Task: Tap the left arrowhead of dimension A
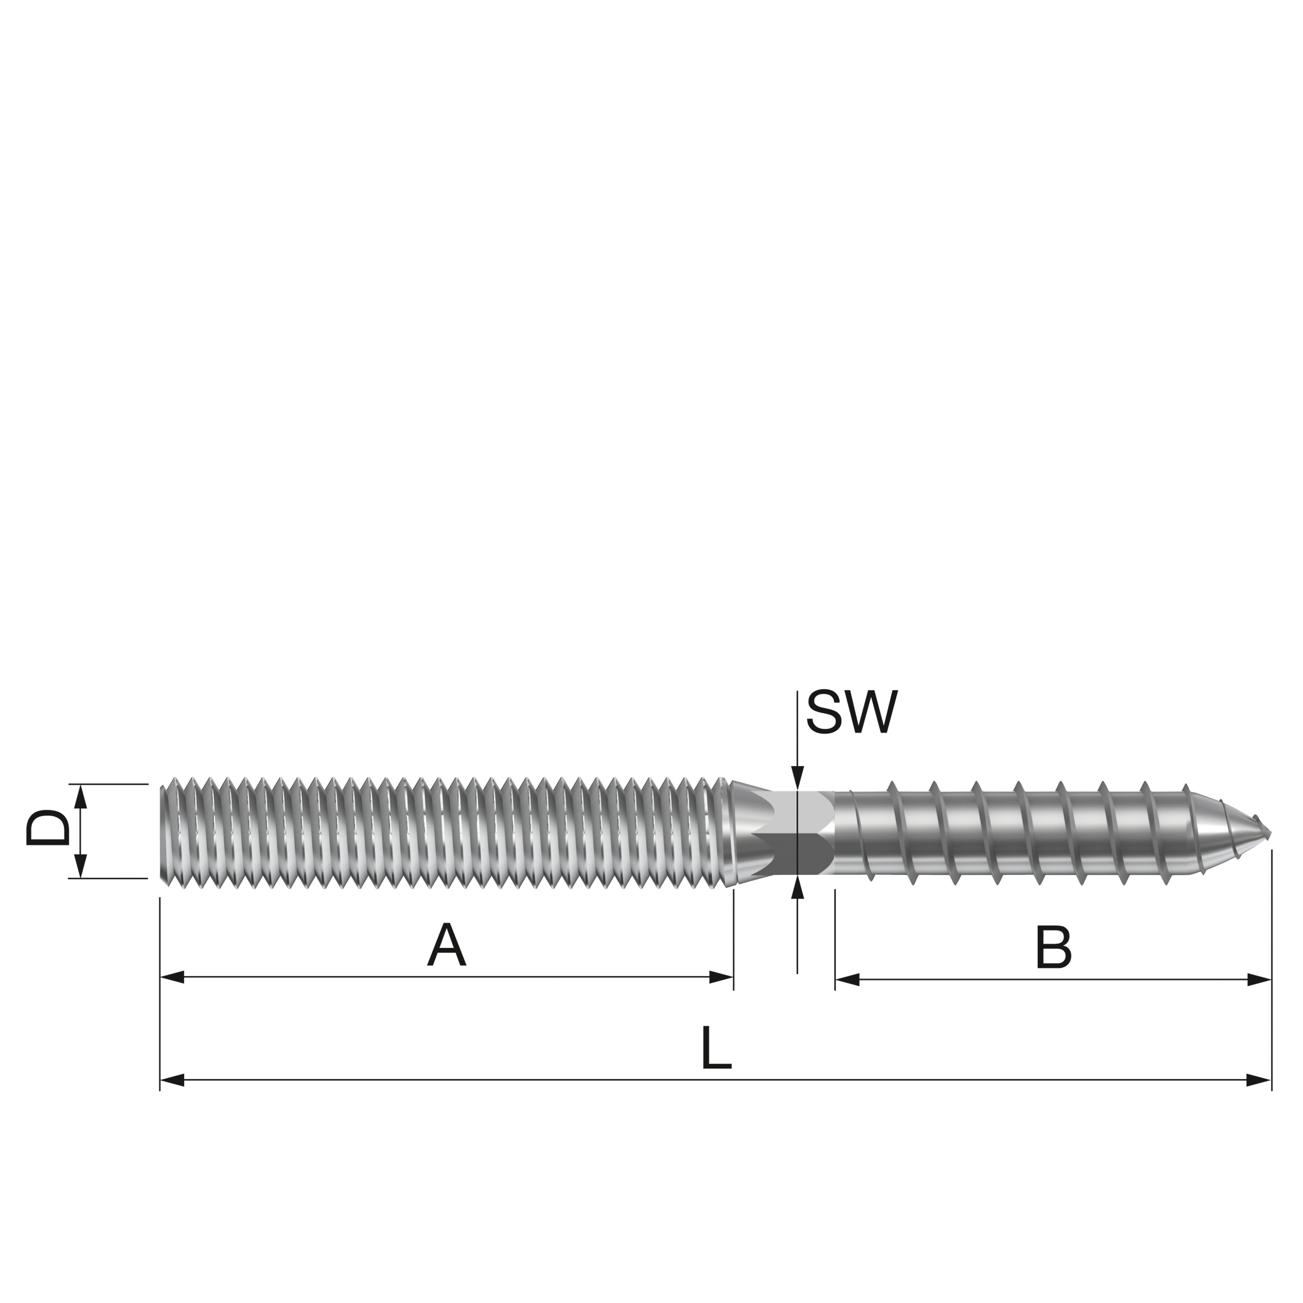(172, 977)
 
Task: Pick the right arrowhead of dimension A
(722, 977)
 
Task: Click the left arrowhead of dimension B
(847, 979)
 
